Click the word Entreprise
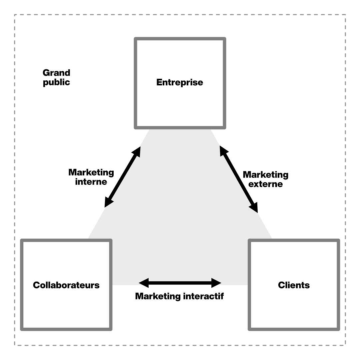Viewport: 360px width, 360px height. (x=180, y=82)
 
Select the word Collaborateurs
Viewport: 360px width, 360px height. (x=66, y=285)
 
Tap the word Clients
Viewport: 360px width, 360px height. (x=294, y=285)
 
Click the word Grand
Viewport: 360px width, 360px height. (x=56, y=73)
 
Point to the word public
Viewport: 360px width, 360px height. (x=56, y=82)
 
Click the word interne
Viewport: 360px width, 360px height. (x=91, y=182)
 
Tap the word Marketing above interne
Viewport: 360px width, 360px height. (x=91, y=173)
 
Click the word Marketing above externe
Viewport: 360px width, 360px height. (x=266, y=175)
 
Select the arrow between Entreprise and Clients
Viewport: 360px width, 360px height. (x=238, y=179)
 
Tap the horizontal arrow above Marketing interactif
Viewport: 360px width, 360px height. (x=180, y=284)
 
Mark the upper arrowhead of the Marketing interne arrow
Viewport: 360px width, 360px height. (x=137, y=152)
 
